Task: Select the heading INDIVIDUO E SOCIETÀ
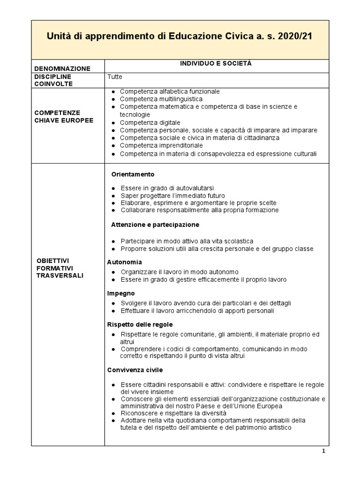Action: point(216,64)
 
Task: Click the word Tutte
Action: point(114,76)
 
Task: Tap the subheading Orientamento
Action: point(133,174)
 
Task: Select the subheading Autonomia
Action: point(124,262)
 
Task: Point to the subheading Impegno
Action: point(121,293)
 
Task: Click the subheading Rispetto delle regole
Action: point(140,324)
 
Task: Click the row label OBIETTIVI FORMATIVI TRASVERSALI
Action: point(60,268)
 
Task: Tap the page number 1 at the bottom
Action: point(323,451)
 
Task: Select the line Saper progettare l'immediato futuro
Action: point(172,195)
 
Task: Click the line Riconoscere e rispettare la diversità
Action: point(173,413)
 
